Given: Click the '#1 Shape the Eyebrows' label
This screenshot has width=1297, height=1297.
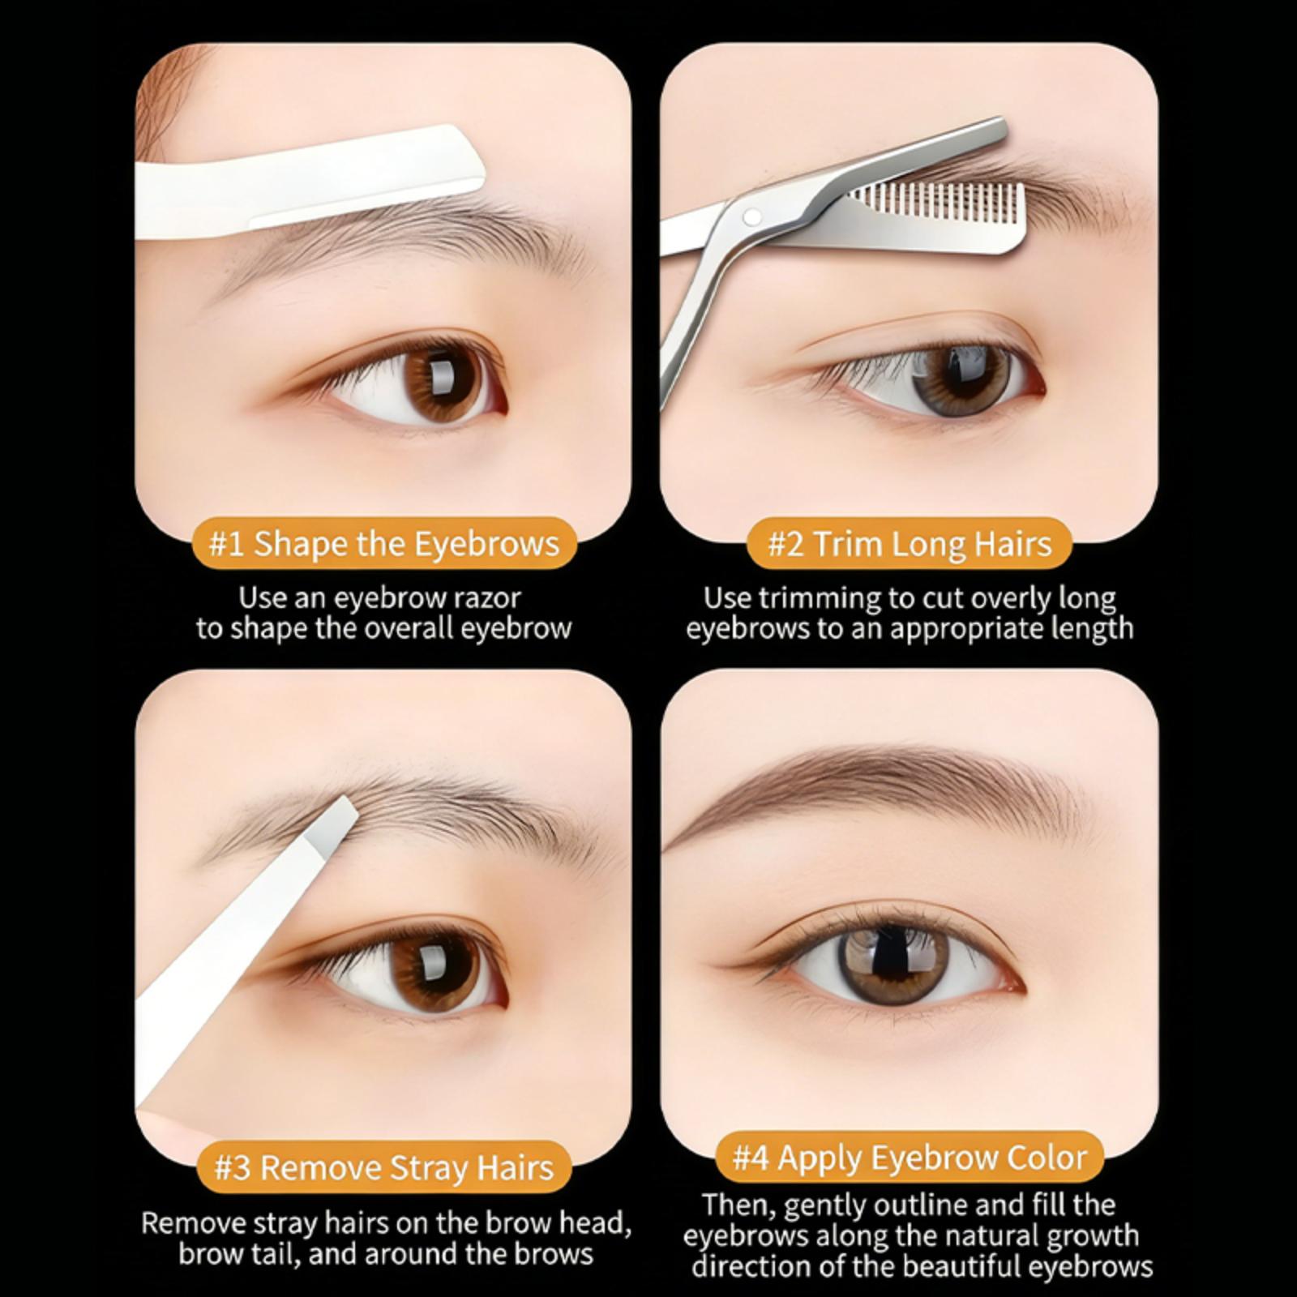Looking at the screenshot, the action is click(x=384, y=543).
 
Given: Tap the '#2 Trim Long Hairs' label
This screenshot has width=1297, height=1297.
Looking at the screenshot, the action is click(x=910, y=543).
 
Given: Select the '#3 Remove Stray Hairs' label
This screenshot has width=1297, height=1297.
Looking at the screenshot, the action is click(x=384, y=1167).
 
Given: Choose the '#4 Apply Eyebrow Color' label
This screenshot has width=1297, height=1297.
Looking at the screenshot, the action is click(x=910, y=1157).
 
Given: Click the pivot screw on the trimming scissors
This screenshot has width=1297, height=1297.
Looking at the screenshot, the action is click(x=753, y=216).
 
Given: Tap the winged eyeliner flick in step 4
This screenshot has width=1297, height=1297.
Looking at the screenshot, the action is click(x=734, y=967).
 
